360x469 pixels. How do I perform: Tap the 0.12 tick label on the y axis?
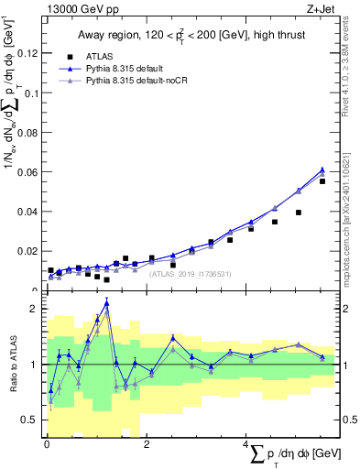[x=27, y=53]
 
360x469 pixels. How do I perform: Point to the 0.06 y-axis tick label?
[x=27, y=172]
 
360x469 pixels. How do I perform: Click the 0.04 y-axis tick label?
[x=27, y=212]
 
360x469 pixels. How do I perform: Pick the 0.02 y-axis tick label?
[x=27, y=251]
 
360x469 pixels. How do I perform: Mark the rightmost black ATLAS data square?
[x=322, y=181]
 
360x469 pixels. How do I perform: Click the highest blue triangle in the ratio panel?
[x=107, y=303]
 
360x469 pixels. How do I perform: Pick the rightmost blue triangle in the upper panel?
[x=322, y=169]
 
